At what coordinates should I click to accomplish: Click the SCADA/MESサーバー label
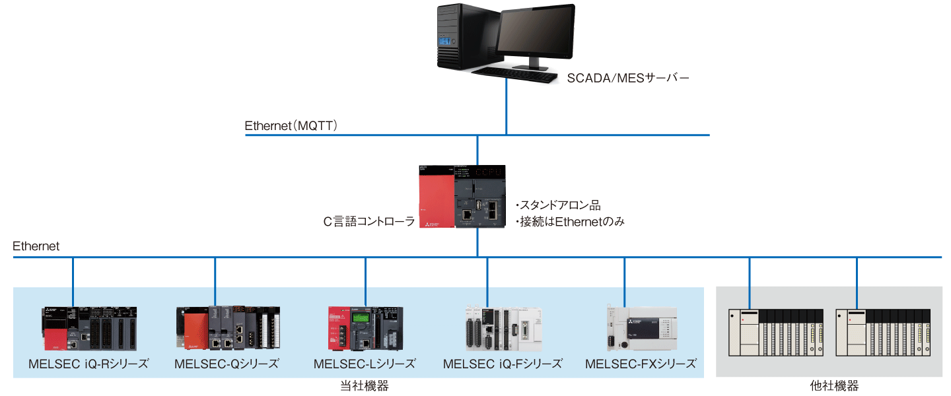(x=628, y=79)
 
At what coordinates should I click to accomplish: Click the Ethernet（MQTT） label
(x=291, y=125)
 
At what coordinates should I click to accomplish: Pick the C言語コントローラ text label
(x=369, y=222)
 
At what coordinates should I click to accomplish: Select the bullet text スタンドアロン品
(x=557, y=205)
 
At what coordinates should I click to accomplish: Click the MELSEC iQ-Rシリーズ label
(x=88, y=364)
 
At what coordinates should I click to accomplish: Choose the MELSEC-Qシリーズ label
(x=227, y=364)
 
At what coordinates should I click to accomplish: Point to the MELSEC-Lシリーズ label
(x=365, y=364)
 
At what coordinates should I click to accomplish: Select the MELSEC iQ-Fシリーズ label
(x=503, y=364)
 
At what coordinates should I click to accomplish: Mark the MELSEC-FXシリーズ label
(x=641, y=364)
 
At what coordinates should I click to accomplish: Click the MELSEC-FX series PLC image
(x=642, y=328)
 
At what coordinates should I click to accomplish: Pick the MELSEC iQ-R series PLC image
(x=89, y=328)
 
